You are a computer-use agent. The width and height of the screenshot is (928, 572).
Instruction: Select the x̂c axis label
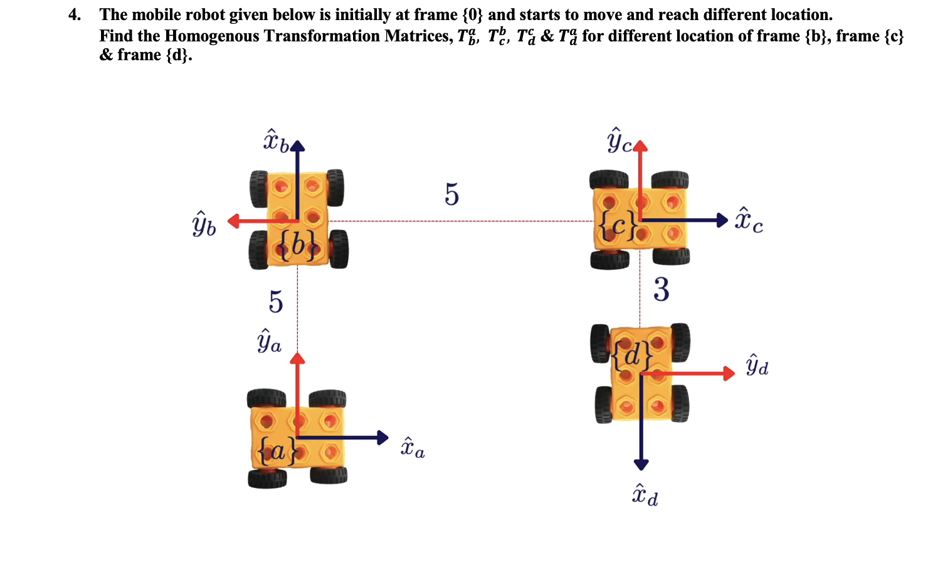749,220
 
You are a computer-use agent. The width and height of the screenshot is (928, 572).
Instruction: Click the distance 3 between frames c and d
661,290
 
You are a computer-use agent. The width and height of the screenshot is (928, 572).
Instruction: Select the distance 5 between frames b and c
451,194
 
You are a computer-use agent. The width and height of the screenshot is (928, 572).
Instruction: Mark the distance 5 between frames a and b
276,302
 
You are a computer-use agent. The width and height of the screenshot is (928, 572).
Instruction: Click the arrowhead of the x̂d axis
641,465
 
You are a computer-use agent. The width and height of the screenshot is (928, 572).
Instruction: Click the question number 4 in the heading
74,14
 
